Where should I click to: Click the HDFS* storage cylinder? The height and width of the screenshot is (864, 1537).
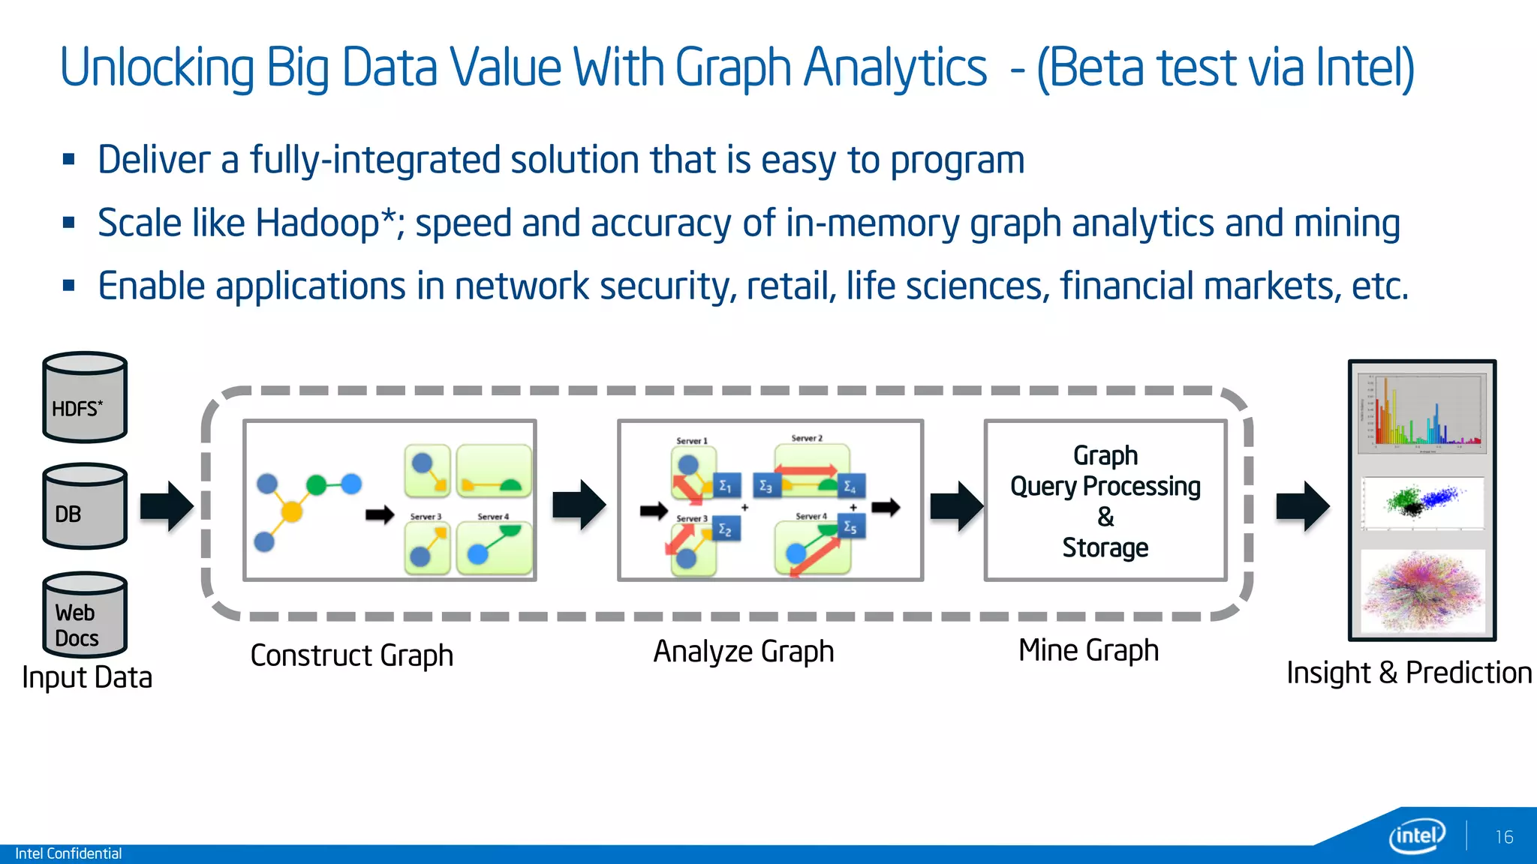(x=85, y=397)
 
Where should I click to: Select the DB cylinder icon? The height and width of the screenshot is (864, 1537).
(x=85, y=507)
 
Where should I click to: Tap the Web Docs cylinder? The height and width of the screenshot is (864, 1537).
(x=85, y=615)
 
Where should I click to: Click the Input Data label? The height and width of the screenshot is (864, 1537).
(x=87, y=677)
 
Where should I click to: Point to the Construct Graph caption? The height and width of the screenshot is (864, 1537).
(x=351, y=655)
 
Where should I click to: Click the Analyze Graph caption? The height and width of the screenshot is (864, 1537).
(x=743, y=652)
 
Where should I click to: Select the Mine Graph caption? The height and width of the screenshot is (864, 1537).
(x=1088, y=650)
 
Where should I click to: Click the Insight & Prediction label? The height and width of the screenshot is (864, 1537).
(x=1409, y=673)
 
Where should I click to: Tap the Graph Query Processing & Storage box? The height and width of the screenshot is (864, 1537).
(x=1105, y=500)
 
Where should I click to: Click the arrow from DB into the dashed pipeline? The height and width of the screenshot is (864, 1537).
(x=167, y=507)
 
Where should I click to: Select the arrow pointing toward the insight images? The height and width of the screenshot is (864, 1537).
(x=1303, y=507)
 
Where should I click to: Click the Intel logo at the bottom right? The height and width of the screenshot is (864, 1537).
(x=1417, y=835)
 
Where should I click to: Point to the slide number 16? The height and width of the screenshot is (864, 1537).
(x=1504, y=837)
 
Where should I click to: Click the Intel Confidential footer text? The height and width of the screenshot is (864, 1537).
(x=68, y=853)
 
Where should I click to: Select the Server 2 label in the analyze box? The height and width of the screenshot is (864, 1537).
(x=807, y=438)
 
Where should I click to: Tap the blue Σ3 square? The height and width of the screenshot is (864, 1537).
(x=765, y=486)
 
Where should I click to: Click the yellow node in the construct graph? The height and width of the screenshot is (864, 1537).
(x=291, y=512)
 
